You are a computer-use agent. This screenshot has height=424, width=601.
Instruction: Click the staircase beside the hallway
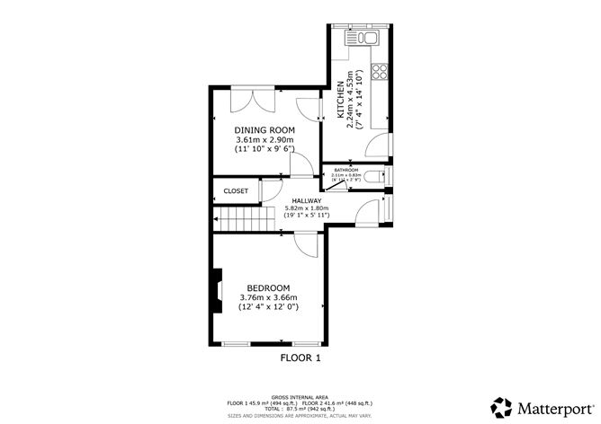[x=244, y=218]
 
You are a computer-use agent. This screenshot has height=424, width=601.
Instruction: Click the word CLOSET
[x=236, y=191]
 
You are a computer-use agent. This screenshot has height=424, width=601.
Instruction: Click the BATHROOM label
[x=346, y=170]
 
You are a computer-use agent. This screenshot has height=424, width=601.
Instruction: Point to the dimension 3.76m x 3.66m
[x=268, y=297]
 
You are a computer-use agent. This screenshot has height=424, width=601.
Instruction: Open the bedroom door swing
[x=309, y=245]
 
